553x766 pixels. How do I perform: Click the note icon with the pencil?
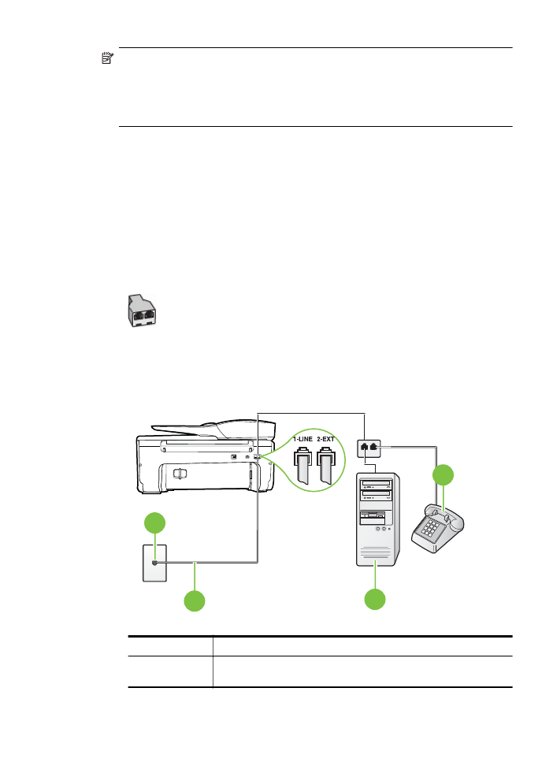tap(107, 58)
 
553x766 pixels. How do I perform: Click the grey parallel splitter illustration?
tap(141, 310)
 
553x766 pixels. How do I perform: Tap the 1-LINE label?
tap(302, 439)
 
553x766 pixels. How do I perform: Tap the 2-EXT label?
tap(325, 439)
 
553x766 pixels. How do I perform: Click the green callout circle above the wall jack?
tap(155, 522)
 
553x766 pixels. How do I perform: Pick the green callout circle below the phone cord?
tap(195, 601)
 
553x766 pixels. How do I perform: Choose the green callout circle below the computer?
tap(375, 600)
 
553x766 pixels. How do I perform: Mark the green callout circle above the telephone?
tap(443, 475)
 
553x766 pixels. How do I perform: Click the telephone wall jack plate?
tap(154, 563)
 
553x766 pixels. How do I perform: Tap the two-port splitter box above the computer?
tap(369, 448)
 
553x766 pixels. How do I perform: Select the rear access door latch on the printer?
tap(180, 474)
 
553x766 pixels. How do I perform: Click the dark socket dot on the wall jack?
tap(155, 563)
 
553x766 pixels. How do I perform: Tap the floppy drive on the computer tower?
tap(373, 515)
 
